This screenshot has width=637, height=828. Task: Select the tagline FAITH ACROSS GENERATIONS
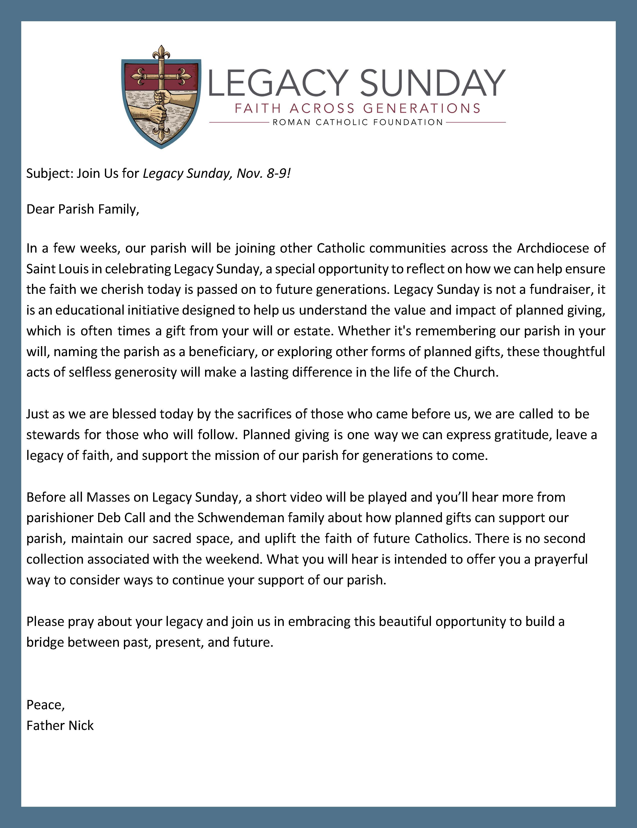pos(357,109)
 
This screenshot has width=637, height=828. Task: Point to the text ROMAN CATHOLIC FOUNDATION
pos(357,123)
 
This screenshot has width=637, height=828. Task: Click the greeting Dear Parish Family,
pos(82,209)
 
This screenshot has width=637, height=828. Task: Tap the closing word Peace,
pos(45,704)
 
